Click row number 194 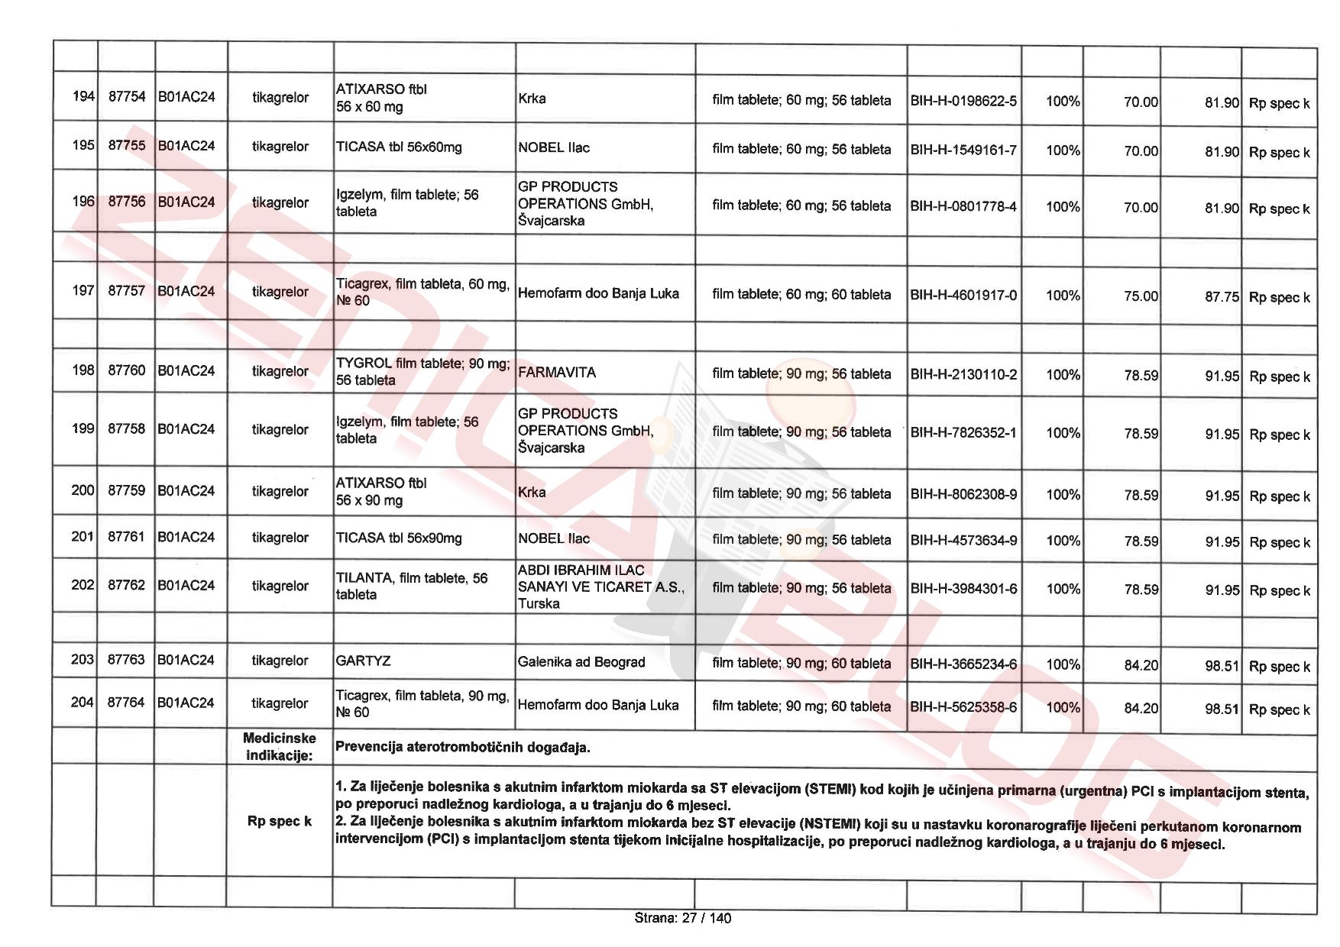click(83, 96)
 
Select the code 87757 click(126, 290)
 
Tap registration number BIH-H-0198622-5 click(963, 101)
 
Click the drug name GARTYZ click(364, 661)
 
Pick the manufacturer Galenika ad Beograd click(581, 662)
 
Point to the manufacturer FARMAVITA click(557, 373)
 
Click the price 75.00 click(1141, 296)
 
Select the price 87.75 click(1222, 296)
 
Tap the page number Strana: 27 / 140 click(682, 918)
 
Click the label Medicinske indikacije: click(279, 747)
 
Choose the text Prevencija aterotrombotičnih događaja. click(463, 747)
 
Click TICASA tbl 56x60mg click(399, 147)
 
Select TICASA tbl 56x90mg click(399, 538)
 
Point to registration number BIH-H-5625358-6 click(963, 707)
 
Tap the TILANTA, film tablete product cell click(412, 586)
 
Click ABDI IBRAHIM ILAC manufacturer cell click(601, 587)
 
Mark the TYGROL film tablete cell click(422, 371)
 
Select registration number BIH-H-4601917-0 click(963, 295)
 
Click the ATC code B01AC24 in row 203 click(186, 660)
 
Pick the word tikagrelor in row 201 click(280, 538)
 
